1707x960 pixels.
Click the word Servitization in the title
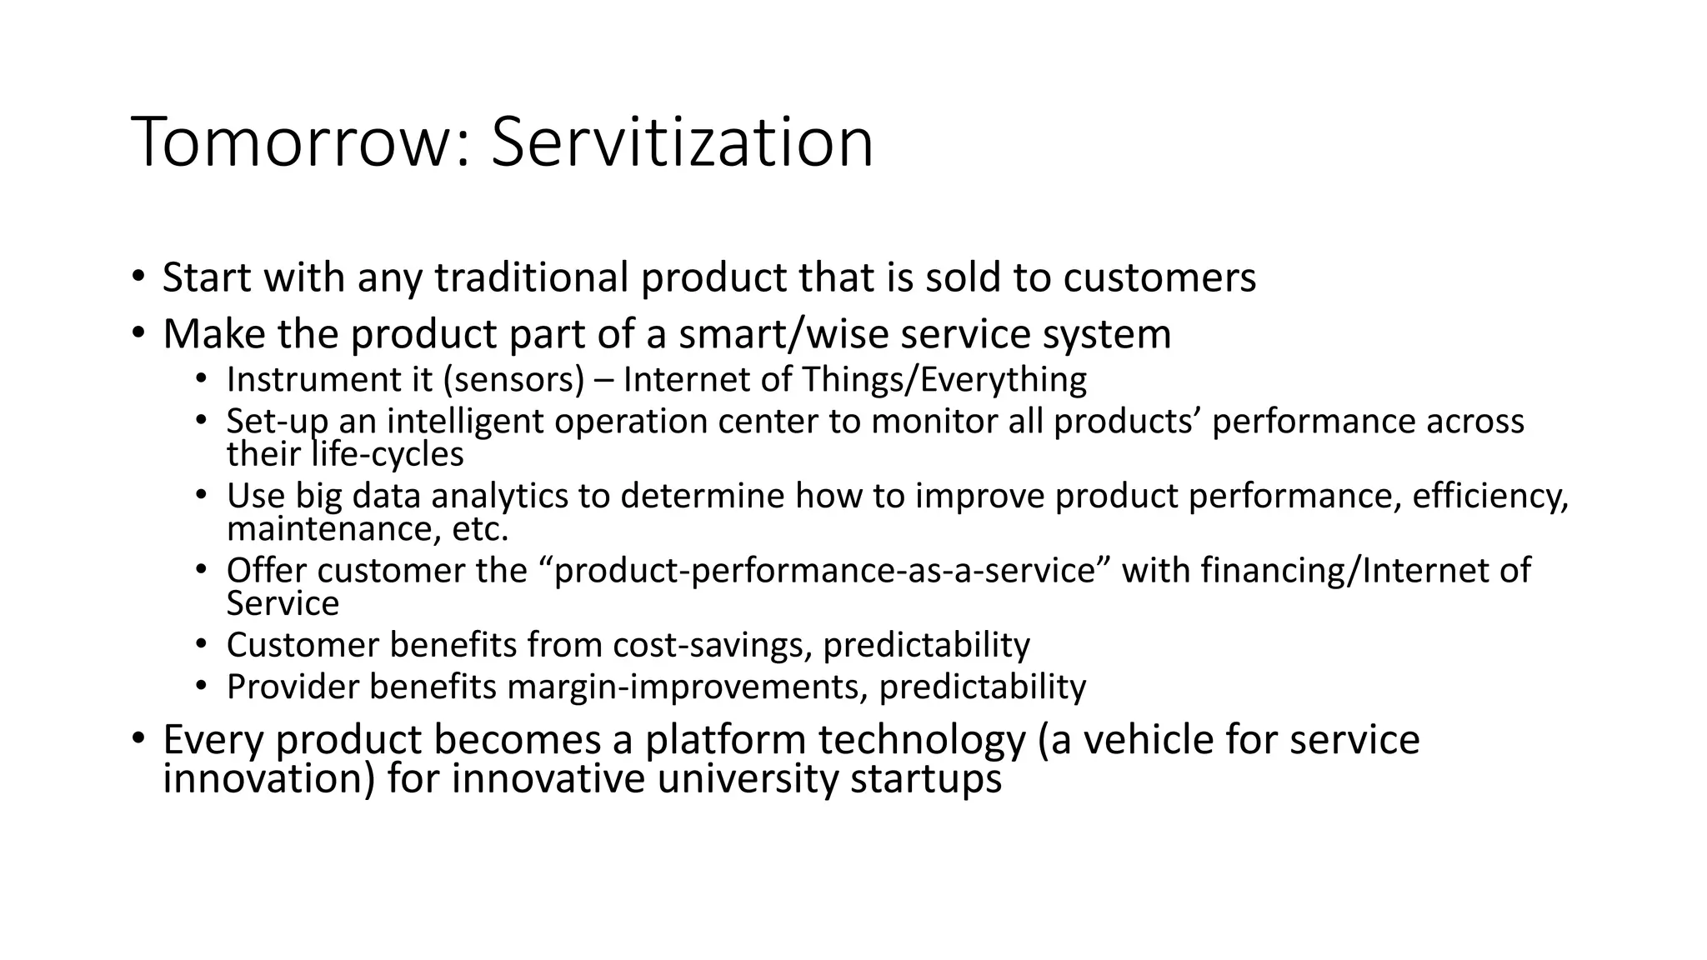tap(682, 142)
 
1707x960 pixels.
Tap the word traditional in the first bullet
tap(531, 277)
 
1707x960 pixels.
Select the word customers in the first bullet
tap(1159, 277)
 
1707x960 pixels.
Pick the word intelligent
tap(467, 422)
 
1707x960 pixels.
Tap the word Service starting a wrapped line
tap(283, 604)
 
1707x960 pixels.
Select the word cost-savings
tap(711, 646)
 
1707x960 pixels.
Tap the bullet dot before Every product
tap(138, 737)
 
